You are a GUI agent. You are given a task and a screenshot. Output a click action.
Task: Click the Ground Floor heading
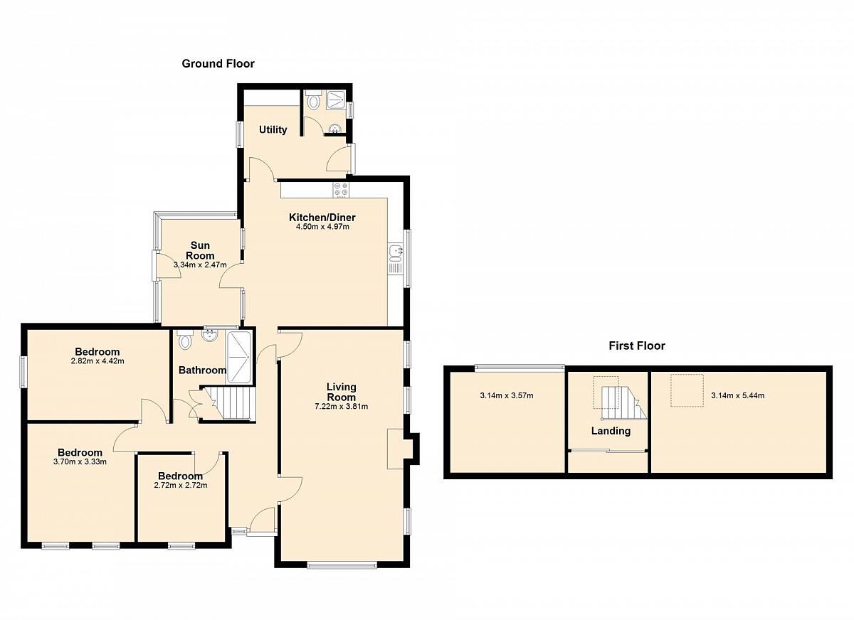point(218,63)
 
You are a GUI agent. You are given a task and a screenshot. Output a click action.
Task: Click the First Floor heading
point(637,346)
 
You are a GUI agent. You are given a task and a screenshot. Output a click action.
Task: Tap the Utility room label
point(273,130)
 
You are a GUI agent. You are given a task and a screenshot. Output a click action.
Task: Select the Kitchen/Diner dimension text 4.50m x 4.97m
point(322,227)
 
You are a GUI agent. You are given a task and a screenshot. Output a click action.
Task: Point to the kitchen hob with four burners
point(341,190)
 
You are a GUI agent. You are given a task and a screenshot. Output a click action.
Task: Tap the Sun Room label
point(200,250)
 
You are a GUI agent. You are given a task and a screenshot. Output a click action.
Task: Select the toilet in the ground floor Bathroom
point(185,339)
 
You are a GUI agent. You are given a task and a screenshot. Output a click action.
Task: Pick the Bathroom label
point(202,370)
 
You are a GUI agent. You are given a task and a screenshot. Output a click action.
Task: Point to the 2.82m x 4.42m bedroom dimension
point(97,361)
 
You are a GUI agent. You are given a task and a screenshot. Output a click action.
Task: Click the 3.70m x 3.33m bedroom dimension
point(80,462)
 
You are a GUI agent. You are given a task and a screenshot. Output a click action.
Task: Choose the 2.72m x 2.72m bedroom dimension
point(181,486)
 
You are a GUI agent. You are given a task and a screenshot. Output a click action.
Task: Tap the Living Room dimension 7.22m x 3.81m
point(341,407)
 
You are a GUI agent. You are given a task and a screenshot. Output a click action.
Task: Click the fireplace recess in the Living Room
point(396,449)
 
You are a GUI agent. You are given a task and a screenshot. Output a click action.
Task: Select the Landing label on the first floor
point(611,431)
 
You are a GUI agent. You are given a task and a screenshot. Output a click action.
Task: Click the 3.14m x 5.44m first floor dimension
point(738,395)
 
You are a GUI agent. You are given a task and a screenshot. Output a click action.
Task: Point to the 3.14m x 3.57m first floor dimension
point(507,395)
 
